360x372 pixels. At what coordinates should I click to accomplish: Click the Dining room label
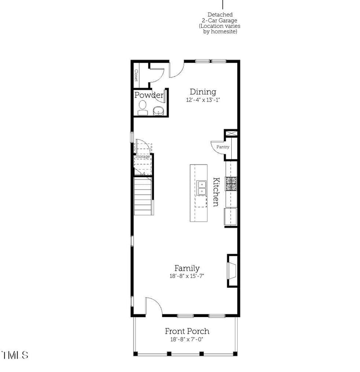(x=203, y=92)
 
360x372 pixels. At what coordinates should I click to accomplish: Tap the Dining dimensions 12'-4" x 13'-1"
(x=203, y=100)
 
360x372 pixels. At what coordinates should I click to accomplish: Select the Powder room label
(x=149, y=95)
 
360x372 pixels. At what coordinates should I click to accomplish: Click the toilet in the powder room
(x=143, y=108)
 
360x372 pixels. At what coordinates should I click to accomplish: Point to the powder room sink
(x=158, y=111)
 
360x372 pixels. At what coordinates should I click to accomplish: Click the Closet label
(x=136, y=75)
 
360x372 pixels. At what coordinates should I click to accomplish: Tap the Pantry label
(x=223, y=147)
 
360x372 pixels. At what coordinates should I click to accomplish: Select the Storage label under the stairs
(x=142, y=157)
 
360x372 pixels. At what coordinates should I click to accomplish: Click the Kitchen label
(x=216, y=192)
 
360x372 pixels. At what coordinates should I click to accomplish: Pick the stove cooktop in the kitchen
(x=231, y=184)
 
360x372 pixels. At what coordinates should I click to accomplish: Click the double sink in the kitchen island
(x=201, y=188)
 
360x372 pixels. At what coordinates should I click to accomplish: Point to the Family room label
(x=187, y=269)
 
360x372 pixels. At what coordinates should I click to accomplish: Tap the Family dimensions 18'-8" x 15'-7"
(x=187, y=276)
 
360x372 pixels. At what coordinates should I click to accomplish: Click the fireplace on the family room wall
(x=232, y=271)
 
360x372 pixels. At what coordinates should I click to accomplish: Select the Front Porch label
(x=187, y=331)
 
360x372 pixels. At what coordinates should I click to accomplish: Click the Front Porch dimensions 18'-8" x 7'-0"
(x=187, y=340)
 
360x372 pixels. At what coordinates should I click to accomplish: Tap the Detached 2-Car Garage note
(x=220, y=23)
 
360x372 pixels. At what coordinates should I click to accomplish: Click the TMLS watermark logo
(x=15, y=355)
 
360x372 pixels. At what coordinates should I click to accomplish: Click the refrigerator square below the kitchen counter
(x=230, y=217)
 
